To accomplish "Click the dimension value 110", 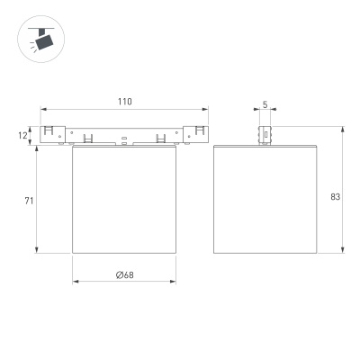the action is pyautogui.click(x=124, y=102).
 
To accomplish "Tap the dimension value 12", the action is pyautogui.click(x=22, y=136).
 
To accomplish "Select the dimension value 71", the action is pyautogui.click(x=29, y=201).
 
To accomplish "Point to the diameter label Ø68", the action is pyautogui.click(x=125, y=274).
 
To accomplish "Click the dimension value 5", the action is pyautogui.click(x=265, y=104).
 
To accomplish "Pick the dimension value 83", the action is pyautogui.click(x=336, y=197).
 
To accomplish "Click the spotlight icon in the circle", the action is pyautogui.click(x=43, y=40).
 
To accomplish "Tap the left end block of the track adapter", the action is pyautogui.click(x=53, y=134).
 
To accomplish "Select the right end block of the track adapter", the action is pyautogui.click(x=196, y=134).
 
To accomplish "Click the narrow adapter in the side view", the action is pyautogui.click(x=265, y=135).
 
